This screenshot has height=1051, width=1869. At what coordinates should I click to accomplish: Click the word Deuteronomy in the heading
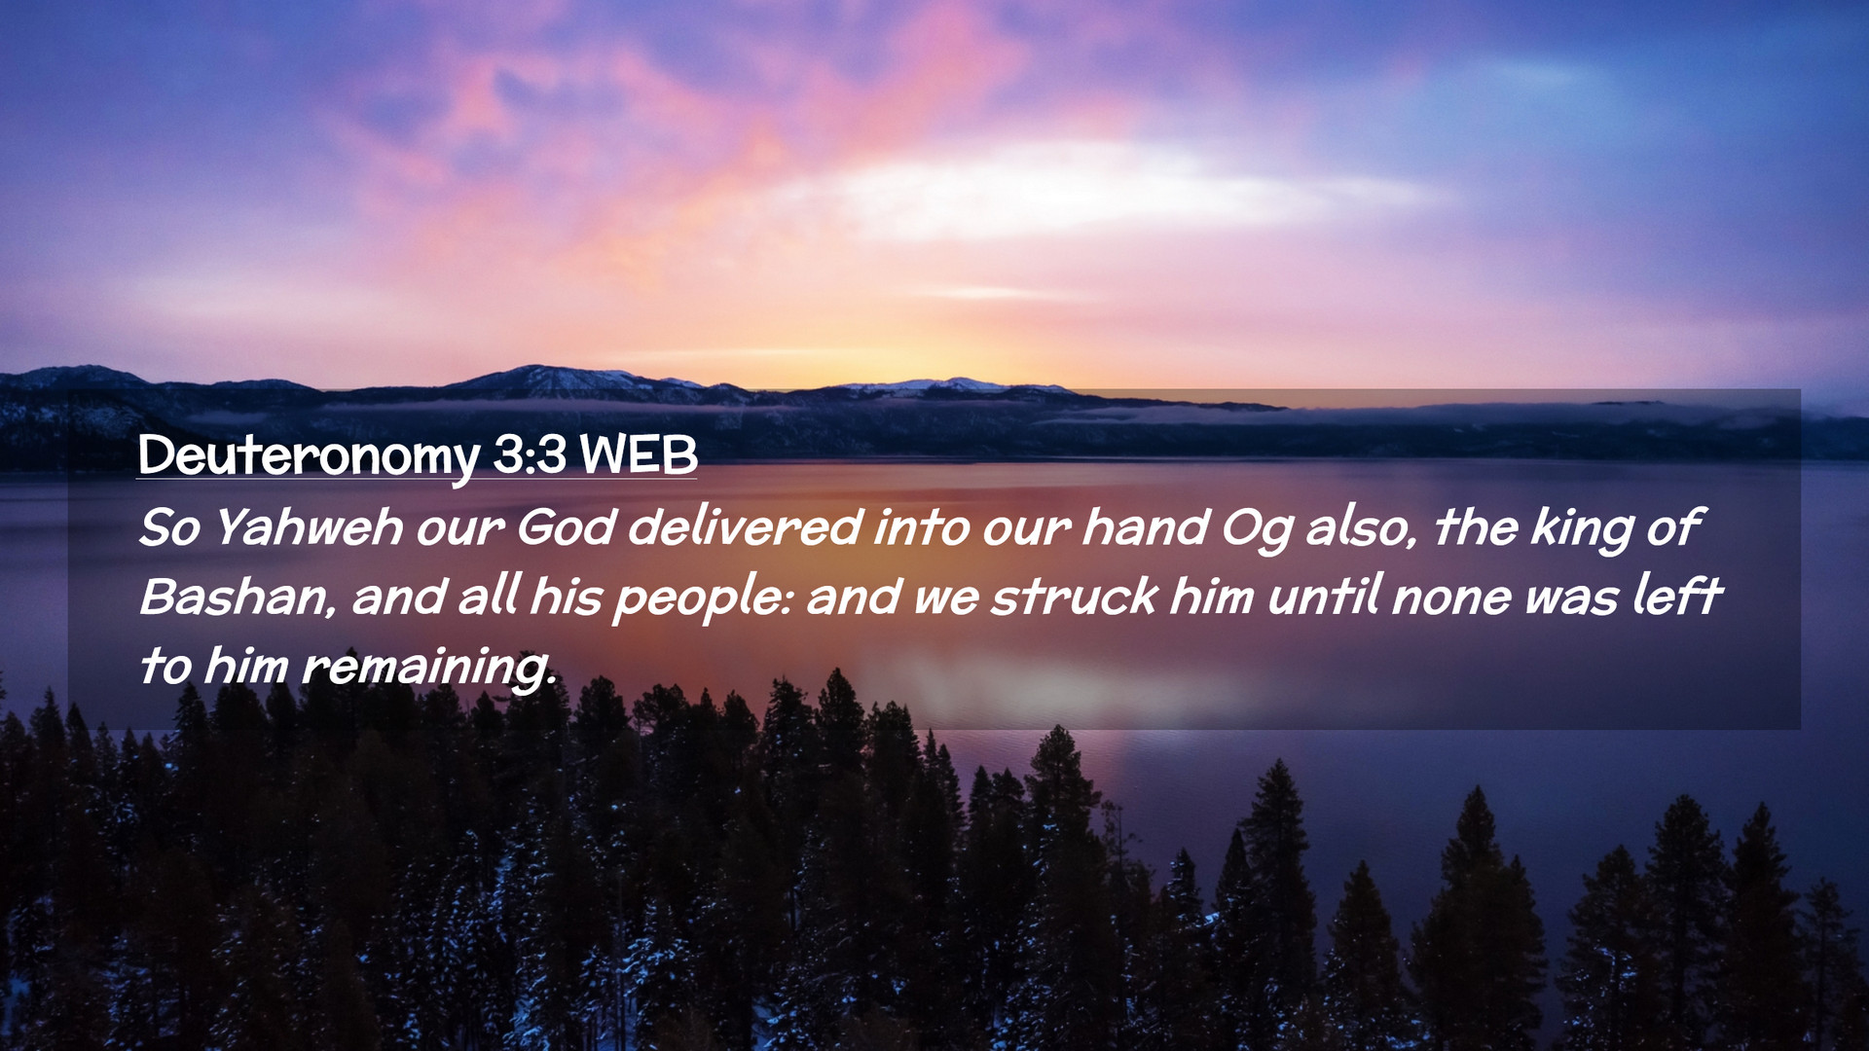pyautogui.click(x=309, y=455)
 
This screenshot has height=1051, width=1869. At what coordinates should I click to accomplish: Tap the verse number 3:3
pyautogui.click(x=530, y=453)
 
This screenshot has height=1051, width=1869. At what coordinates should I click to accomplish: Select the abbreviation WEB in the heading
pyautogui.click(x=639, y=453)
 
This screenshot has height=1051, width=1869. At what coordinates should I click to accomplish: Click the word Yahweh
pyautogui.click(x=308, y=527)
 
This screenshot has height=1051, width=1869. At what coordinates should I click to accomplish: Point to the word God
pyautogui.click(x=566, y=527)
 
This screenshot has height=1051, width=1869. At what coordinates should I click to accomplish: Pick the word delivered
pyautogui.click(x=745, y=527)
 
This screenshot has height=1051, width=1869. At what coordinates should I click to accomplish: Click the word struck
pyautogui.click(x=1075, y=597)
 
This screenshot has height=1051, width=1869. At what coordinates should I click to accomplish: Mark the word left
pyautogui.click(x=1677, y=595)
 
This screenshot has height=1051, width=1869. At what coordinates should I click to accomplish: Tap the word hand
pyautogui.click(x=1146, y=527)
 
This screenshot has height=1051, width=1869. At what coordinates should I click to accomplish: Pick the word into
pyautogui.click(x=921, y=527)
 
